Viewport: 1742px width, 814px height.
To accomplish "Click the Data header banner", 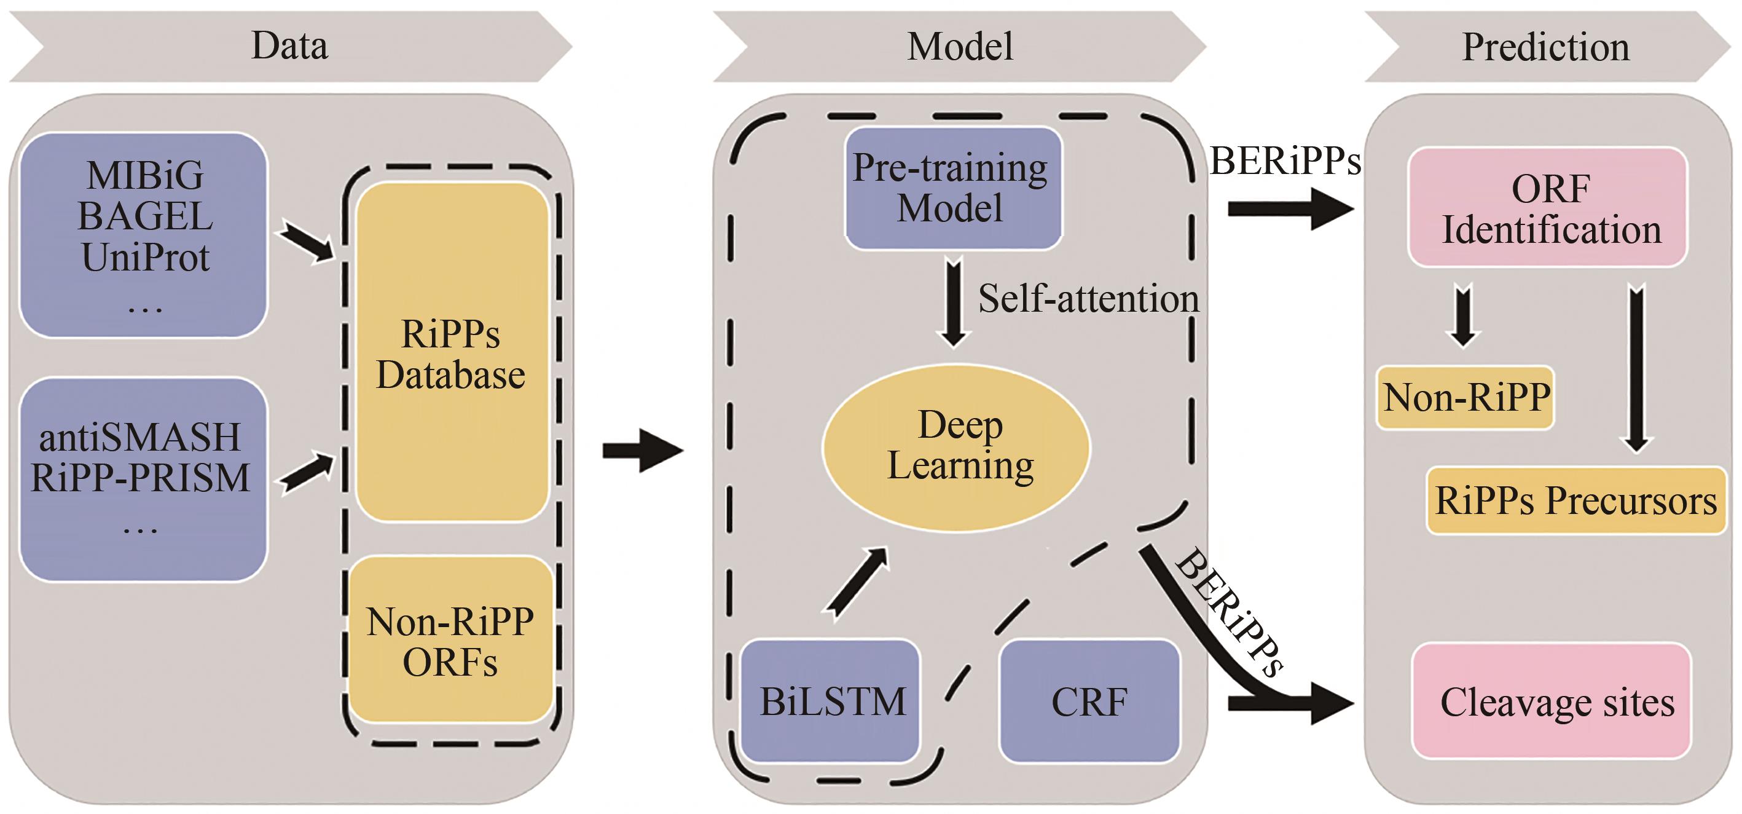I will pos(289,46).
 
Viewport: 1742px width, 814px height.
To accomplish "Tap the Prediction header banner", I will pos(1546,46).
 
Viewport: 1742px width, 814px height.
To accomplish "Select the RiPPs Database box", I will pos(451,352).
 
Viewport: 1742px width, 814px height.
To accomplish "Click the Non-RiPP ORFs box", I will pos(451,640).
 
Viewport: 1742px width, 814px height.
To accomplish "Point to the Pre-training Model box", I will pos(952,188).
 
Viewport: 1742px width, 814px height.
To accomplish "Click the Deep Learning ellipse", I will pos(956,446).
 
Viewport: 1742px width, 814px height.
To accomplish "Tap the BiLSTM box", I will pos(831,701).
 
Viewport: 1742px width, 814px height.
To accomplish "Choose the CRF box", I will pos(1089,701).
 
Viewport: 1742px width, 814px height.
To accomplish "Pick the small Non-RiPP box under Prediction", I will pos(1465,398).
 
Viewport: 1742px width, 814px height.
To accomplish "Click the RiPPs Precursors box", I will pos(1575,500).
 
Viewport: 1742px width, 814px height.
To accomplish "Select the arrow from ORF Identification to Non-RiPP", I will pos(1462,317).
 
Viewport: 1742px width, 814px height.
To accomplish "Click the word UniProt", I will pos(146,258).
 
